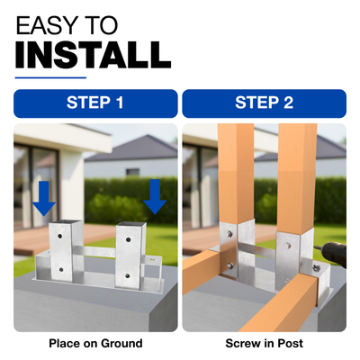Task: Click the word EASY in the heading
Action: [47, 25]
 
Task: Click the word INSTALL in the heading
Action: [94, 55]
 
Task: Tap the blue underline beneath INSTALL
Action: [50, 78]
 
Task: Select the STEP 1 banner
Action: [95, 103]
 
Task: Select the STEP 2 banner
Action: [265, 103]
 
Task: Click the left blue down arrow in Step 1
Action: [44, 198]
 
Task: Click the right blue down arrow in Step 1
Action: [155, 197]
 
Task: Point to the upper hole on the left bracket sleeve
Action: [60, 236]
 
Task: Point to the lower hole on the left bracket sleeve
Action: [61, 270]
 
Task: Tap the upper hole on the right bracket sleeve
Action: [128, 240]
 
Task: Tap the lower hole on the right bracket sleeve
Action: [128, 275]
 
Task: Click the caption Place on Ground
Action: [95, 343]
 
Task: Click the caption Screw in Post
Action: [265, 343]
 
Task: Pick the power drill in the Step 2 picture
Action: [330, 254]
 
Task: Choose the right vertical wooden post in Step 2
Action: [297, 178]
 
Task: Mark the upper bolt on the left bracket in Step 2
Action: [229, 234]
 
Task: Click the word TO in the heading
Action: [100, 25]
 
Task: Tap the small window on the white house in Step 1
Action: [132, 172]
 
